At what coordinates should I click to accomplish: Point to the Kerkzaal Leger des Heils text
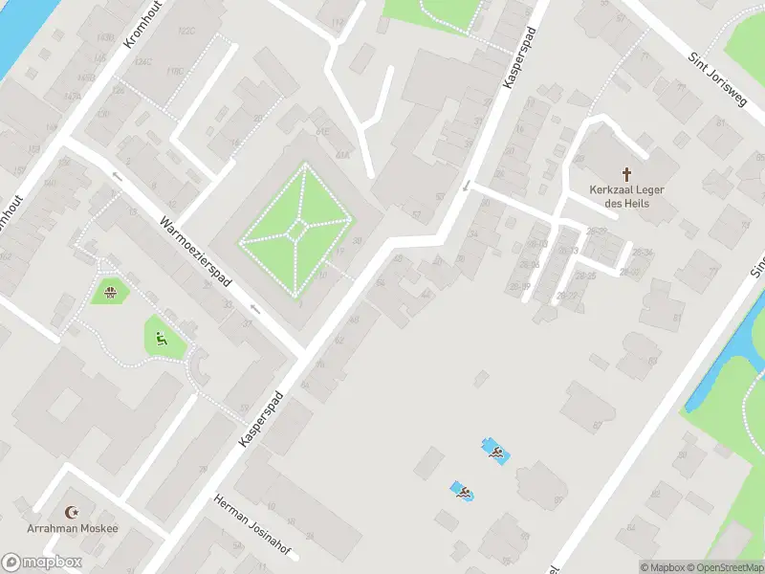(x=627, y=195)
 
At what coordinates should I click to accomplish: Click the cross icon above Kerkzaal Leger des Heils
(x=627, y=173)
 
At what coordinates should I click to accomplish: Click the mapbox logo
(x=42, y=563)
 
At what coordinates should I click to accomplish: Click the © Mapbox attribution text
(x=662, y=567)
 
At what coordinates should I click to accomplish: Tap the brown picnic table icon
(x=111, y=291)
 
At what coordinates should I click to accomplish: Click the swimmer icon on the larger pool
(x=495, y=451)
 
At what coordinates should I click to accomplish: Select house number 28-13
(x=569, y=251)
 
